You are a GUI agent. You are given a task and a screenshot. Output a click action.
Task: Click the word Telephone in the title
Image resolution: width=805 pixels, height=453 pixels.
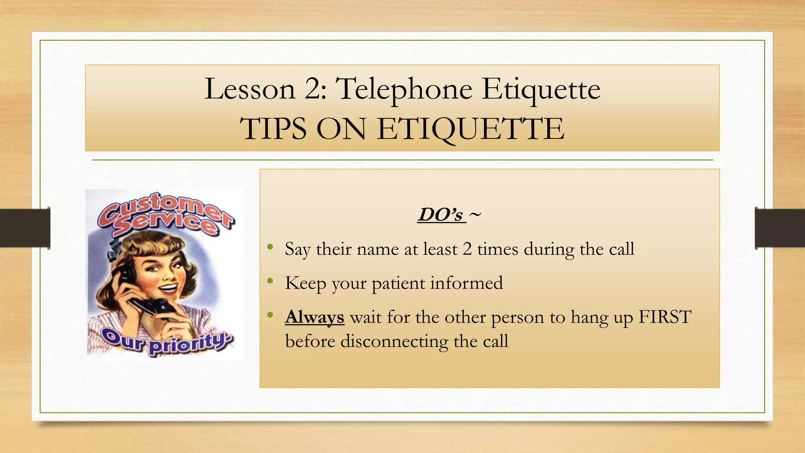(x=405, y=90)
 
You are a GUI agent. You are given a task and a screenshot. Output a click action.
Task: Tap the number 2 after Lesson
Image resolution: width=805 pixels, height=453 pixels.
(x=313, y=89)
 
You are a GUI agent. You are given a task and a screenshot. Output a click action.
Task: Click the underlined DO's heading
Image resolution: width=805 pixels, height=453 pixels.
(x=441, y=215)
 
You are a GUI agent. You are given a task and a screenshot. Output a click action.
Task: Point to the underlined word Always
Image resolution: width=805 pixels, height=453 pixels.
(x=314, y=317)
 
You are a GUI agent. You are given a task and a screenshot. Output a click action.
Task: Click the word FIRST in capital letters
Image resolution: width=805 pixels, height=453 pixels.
(x=665, y=317)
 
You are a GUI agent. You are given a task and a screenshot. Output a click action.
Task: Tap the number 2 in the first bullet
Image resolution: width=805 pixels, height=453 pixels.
(x=467, y=249)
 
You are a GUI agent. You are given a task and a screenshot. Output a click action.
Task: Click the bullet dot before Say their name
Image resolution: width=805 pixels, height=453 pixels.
(x=270, y=247)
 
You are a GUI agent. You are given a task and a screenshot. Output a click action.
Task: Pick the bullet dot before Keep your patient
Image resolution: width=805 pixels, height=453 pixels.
(x=270, y=281)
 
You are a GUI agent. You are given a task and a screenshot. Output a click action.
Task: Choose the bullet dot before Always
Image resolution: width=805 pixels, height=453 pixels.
(x=270, y=315)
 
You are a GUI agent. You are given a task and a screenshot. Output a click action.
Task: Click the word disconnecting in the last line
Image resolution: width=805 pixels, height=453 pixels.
(x=394, y=341)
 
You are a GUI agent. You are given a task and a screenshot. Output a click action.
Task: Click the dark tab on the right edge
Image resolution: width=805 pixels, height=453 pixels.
(x=780, y=228)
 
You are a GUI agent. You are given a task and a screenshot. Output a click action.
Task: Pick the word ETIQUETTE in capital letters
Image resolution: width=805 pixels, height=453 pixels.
(x=471, y=129)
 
